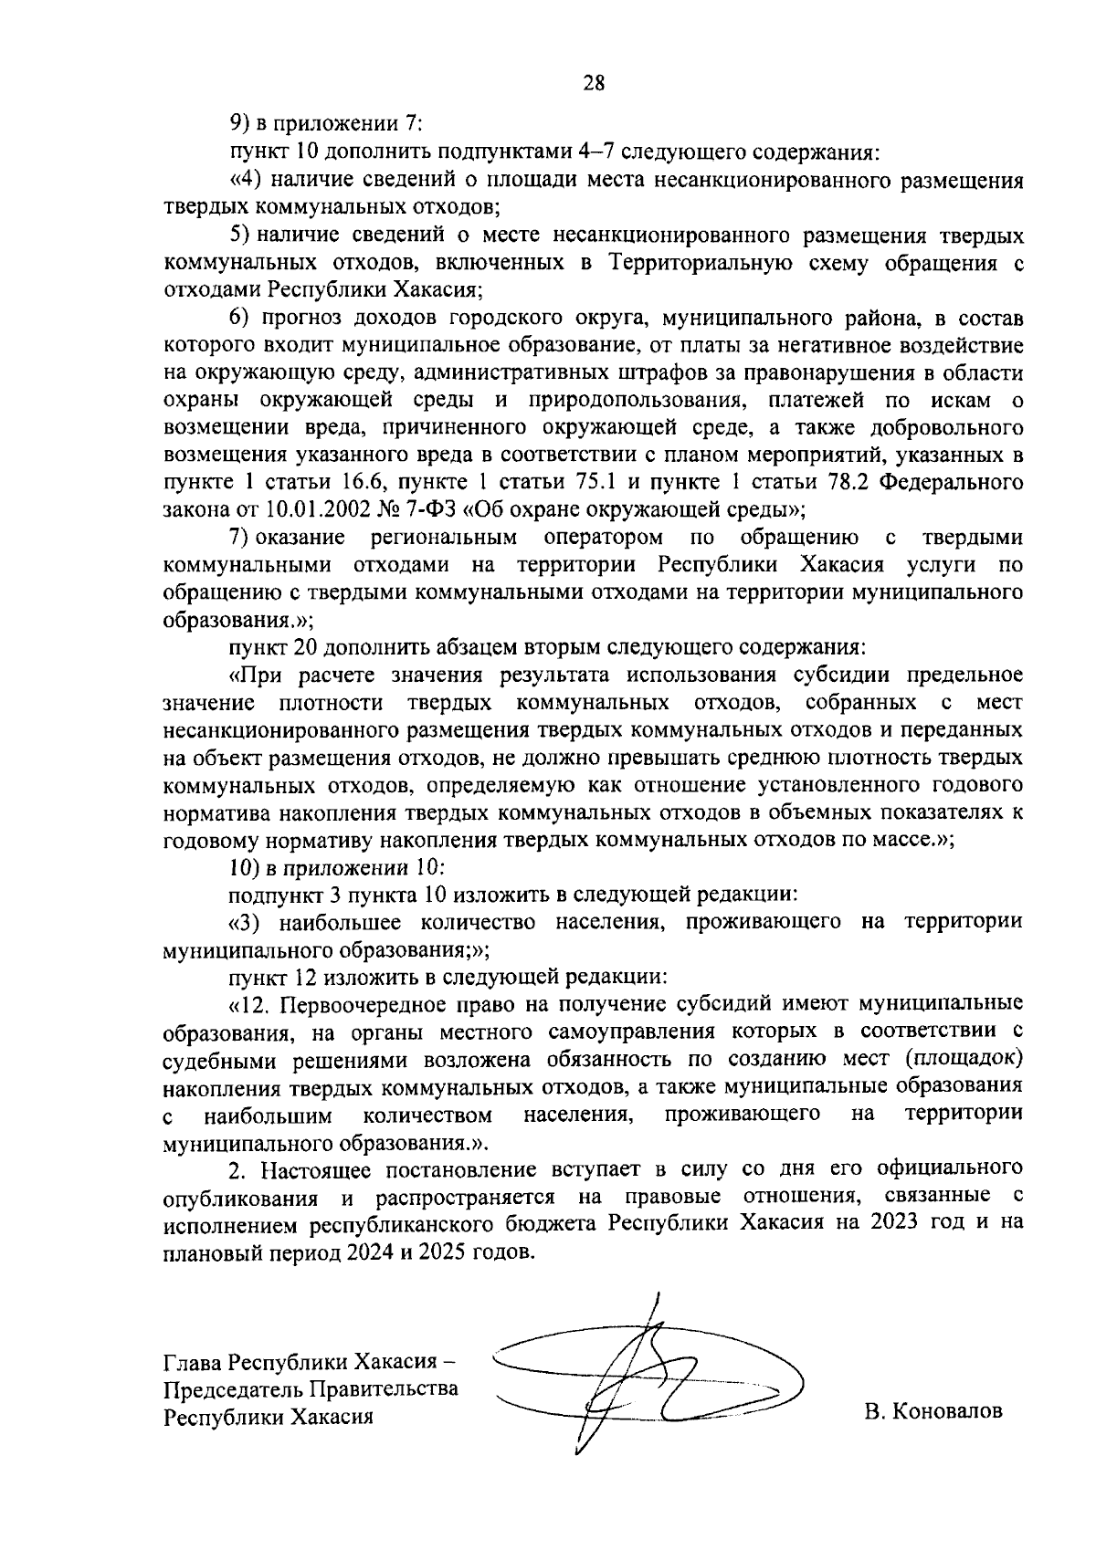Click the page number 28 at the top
[594, 83]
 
